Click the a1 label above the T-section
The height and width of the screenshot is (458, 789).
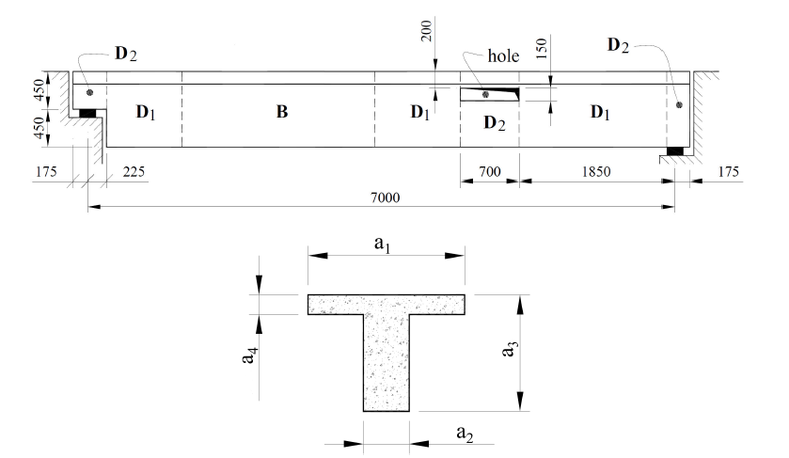384,244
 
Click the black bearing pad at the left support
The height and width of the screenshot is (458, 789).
87,114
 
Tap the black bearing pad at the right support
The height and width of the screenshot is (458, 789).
674,150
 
